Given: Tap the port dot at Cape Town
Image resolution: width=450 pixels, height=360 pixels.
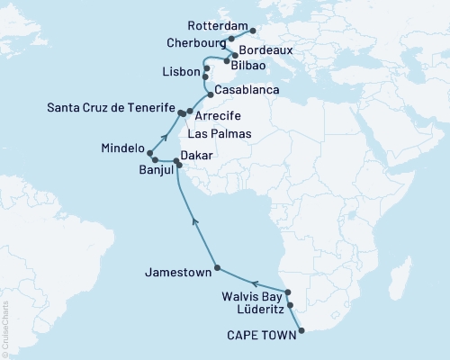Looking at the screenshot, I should tap(301, 330).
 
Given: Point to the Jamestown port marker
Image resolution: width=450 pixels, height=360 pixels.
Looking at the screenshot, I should tap(217, 269).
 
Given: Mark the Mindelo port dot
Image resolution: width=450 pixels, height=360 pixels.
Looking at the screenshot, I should tap(163, 154).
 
